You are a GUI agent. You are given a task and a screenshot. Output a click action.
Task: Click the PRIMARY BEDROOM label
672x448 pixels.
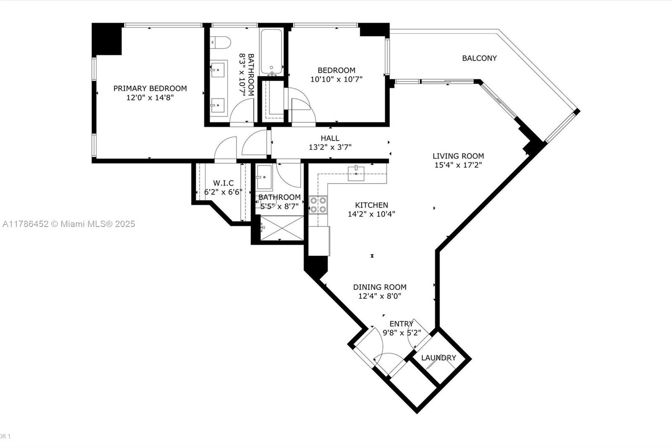(x=150, y=88)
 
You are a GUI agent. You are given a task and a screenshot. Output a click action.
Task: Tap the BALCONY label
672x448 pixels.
(x=479, y=58)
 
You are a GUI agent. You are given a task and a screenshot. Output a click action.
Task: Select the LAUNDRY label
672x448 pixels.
(x=438, y=358)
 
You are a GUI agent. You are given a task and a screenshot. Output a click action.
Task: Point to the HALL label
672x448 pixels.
(x=330, y=138)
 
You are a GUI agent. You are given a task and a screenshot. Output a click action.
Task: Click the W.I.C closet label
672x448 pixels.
(x=223, y=183)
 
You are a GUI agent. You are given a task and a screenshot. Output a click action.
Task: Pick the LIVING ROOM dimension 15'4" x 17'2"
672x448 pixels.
(x=458, y=165)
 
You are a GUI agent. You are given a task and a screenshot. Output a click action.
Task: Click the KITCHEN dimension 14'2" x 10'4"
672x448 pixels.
(x=371, y=214)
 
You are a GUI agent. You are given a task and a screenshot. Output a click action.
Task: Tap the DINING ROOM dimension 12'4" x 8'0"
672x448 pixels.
(x=380, y=296)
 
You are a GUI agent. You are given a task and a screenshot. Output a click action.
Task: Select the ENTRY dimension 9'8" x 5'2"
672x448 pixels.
(x=402, y=333)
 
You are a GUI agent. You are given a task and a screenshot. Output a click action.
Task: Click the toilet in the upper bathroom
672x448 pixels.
(x=220, y=42)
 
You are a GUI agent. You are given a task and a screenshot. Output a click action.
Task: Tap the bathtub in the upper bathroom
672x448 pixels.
(x=271, y=52)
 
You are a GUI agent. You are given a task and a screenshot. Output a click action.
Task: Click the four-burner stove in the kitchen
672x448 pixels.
(x=318, y=205)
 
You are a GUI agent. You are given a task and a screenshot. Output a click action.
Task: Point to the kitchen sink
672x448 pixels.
(x=356, y=173)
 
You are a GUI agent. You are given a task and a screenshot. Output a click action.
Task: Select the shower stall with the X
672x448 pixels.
(x=282, y=228)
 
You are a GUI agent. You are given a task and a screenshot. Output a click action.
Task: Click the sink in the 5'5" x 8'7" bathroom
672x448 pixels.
(x=264, y=177)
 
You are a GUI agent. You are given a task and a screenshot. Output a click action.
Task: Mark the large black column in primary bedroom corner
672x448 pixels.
(x=107, y=40)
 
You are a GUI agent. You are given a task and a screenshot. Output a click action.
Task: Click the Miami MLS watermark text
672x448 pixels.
(x=69, y=224)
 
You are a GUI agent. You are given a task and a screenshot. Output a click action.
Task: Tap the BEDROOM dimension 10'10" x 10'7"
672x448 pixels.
(x=336, y=79)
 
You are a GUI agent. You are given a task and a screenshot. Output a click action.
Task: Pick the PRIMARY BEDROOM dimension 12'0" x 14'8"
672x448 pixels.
(x=150, y=98)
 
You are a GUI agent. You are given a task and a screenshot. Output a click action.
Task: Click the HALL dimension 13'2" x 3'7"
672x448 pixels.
(x=330, y=147)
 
